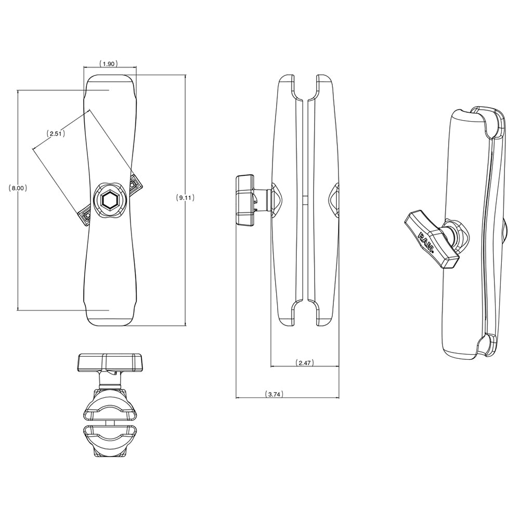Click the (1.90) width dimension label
click(x=109, y=63)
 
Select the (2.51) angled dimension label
click(x=55, y=134)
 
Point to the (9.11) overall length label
click(x=186, y=198)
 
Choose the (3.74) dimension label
click(x=274, y=394)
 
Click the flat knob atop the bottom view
click(x=110, y=362)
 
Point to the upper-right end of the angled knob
click(x=135, y=183)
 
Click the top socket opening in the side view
click(x=304, y=88)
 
